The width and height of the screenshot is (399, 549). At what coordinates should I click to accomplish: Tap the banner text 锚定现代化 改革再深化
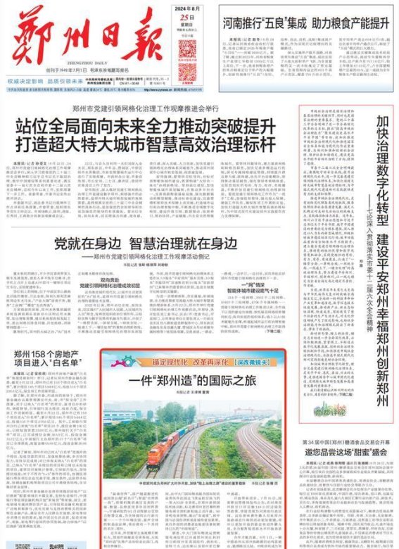pyautogui.click(x=167, y=361)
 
